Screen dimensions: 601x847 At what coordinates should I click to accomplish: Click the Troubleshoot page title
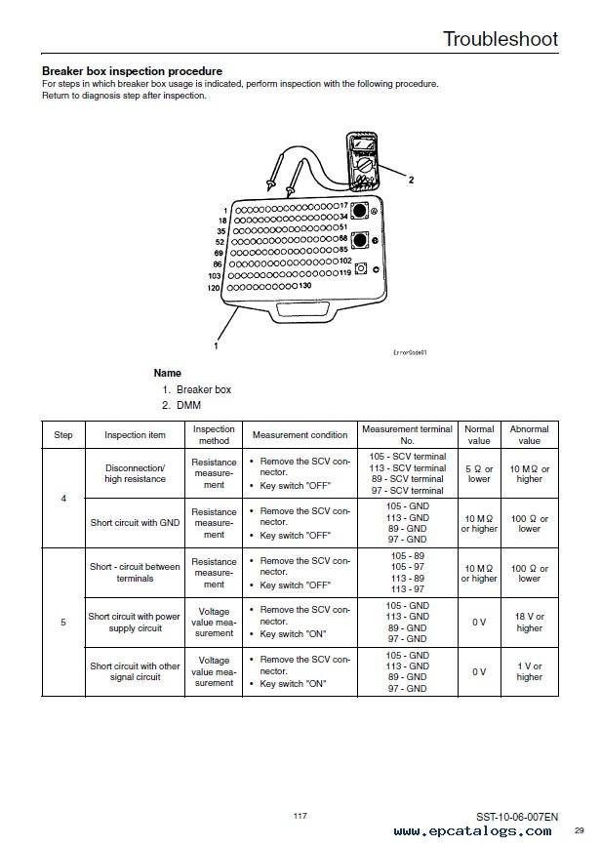(501, 39)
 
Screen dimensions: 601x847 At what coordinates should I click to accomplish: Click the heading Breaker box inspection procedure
(133, 71)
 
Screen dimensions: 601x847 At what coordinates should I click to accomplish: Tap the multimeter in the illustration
(363, 162)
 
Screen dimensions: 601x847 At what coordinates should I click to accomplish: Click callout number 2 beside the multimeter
(411, 180)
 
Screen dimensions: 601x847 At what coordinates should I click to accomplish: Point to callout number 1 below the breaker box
(216, 345)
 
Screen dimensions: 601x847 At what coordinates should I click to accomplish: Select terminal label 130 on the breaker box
(305, 285)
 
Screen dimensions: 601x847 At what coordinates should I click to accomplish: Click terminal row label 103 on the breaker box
(215, 275)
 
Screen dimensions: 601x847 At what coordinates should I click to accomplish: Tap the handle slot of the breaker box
(301, 309)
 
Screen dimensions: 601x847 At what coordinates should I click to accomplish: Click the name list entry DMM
(188, 405)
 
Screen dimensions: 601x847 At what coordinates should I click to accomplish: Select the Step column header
(63, 435)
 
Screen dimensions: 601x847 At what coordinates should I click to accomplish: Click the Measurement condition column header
(300, 435)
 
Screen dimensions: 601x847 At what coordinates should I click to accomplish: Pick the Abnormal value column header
(529, 435)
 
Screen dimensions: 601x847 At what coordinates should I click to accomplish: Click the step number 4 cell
(63, 498)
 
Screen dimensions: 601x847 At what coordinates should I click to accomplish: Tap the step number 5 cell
(63, 623)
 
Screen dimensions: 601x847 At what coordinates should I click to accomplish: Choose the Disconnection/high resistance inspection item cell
(135, 473)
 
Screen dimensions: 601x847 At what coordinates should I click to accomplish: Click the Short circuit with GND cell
(135, 523)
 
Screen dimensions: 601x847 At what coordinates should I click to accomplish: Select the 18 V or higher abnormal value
(529, 623)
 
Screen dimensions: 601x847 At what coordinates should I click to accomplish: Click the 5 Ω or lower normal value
(479, 473)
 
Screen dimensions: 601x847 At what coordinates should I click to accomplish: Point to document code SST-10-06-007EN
(517, 817)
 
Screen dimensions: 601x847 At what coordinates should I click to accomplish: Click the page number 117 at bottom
(300, 816)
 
